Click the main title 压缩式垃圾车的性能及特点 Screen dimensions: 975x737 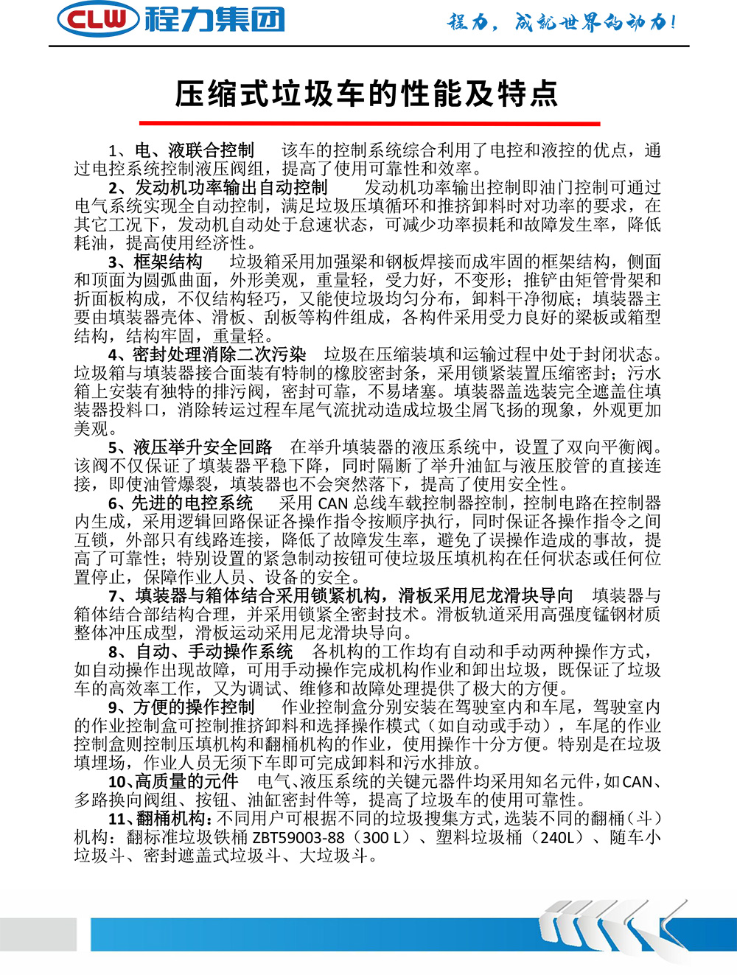tap(367, 94)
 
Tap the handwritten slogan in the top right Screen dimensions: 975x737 tap(562, 22)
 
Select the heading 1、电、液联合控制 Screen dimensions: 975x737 tap(181, 150)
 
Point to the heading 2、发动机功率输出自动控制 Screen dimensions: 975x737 tap(218, 187)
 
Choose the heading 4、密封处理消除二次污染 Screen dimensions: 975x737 tap(207, 354)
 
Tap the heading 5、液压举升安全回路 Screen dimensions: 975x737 tap(190, 447)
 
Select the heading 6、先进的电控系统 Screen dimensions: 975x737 tap(181, 503)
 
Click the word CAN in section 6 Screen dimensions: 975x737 tap(332, 504)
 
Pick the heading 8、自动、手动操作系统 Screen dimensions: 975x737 tap(200, 651)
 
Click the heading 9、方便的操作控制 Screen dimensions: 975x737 tap(181, 707)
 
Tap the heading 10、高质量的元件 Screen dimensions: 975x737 tap(173, 781)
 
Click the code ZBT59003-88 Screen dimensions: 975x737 tap(298, 838)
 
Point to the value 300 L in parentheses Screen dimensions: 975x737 tap(385, 838)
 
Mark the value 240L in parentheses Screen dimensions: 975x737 tap(557, 838)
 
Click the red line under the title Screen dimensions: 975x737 tap(369, 123)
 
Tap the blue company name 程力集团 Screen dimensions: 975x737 tap(214, 18)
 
